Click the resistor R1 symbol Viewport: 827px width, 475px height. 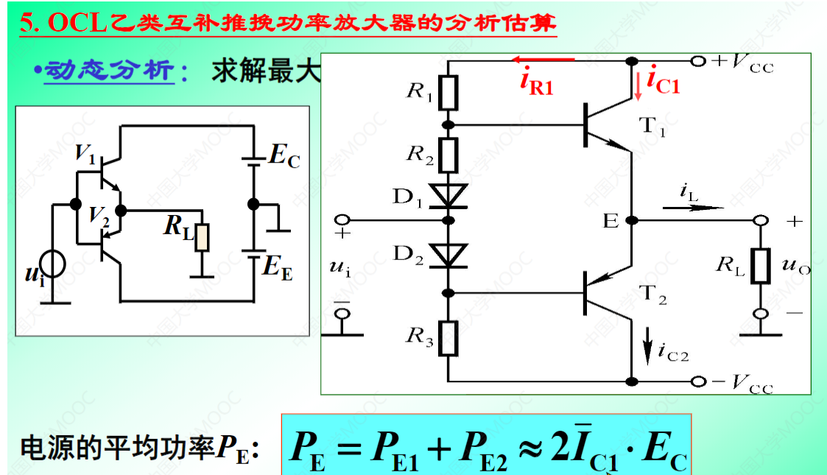[x=449, y=92]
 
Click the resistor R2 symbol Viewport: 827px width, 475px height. [x=449, y=154]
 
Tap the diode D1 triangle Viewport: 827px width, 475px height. [x=449, y=194]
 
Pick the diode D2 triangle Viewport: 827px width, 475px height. [x=449, y=255]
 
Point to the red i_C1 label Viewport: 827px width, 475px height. [x=664, y=82]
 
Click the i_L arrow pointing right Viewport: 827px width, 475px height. [x=692, y=208]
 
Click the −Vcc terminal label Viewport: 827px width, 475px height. [x=743, y=382]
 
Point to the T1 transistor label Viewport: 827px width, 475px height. [x=653, y=126]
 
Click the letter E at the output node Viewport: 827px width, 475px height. [x=611, y=220]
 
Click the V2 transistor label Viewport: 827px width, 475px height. [x=99, y=215]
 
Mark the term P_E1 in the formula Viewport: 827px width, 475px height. [x=390, y=448]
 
